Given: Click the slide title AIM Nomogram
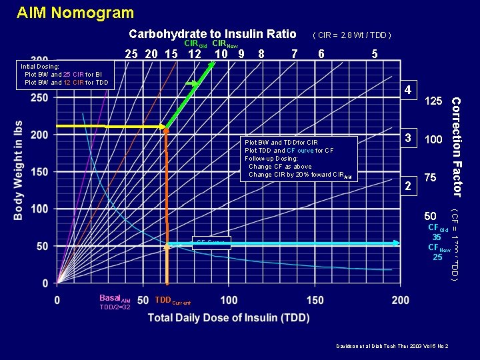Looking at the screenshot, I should point(75,13).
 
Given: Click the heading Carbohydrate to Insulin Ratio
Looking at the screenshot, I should point(212,34).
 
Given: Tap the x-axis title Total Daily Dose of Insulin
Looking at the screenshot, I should point(227,318).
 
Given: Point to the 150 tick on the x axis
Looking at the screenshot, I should point(315,301).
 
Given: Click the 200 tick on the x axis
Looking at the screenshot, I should point(401,301).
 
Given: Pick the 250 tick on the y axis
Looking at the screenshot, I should point(39,97).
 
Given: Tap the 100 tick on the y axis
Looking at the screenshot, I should point(39,209).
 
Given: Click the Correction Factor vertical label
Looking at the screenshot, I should point(457,147).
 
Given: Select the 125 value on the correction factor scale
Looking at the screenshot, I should point(433,101).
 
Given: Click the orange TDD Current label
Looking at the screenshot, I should point(172,301).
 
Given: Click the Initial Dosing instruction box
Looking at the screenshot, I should point(65,75).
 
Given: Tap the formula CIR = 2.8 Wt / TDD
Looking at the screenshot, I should point(351,35).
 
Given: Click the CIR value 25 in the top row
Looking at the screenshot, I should point(132,54).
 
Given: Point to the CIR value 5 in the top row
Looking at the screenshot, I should point(375,54).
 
